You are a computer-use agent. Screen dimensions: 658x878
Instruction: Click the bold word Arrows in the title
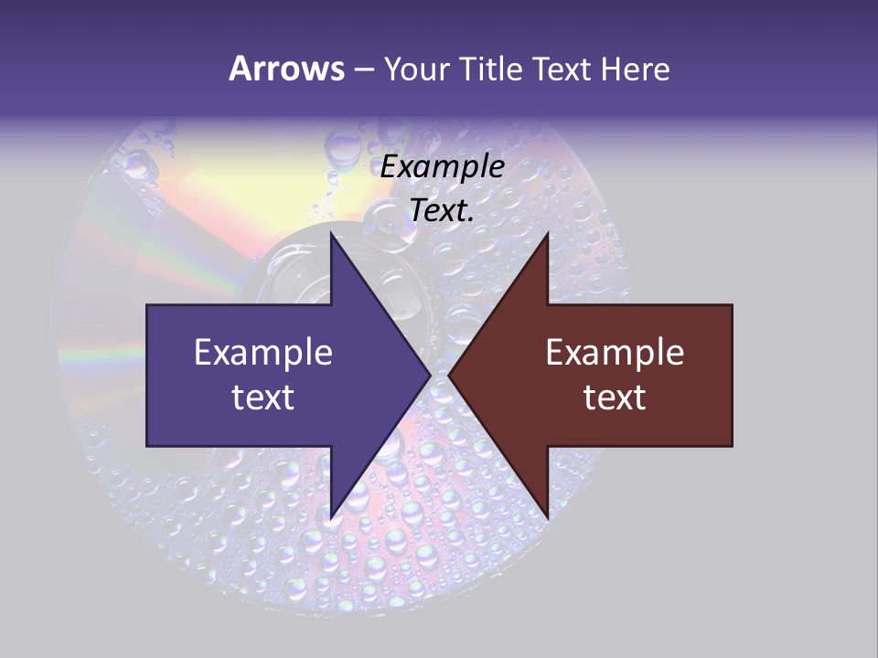[287, 69]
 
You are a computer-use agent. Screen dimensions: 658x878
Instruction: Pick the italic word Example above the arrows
[443, 167]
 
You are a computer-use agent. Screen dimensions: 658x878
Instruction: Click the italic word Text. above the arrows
[443, 211]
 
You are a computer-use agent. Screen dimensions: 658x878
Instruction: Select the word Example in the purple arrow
[263, 353]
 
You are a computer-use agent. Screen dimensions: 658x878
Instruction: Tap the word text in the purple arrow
[263, 398]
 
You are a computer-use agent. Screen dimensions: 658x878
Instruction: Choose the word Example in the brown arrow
[615, 353]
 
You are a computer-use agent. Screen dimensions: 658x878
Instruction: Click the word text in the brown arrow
[615, 398]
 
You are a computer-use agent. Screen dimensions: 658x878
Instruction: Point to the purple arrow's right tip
[429, 375]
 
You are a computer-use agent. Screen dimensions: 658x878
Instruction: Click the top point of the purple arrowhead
[331, 234]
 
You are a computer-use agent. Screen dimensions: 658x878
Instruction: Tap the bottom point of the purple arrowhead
[331, 516]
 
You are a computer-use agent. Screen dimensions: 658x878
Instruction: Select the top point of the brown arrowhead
[547, 234]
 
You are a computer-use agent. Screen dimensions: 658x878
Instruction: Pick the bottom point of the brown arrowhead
[547, 516]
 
